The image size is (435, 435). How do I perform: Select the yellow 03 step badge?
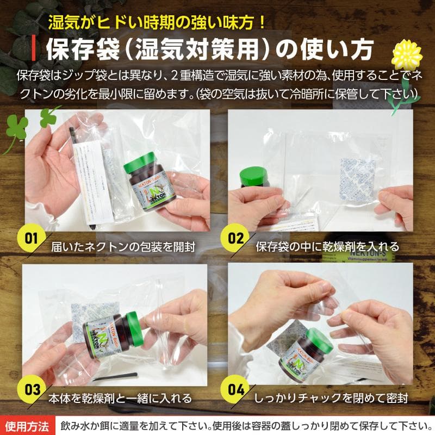pyautogui.click(x=31, y=390)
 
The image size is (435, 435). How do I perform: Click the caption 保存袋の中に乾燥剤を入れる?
pyautogui.click(x=327, y=246)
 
